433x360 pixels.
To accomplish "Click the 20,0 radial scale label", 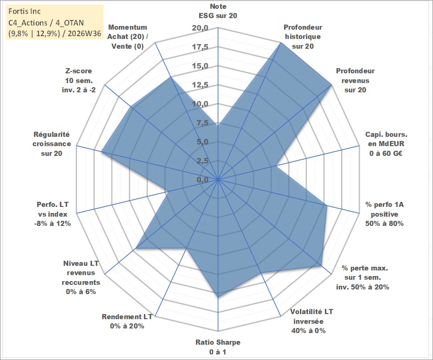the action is coord(200,28).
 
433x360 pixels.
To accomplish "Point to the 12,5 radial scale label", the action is coord(200,85).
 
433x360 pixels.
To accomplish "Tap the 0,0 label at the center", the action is coord(202,180).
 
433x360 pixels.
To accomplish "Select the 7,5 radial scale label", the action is coord(202,123).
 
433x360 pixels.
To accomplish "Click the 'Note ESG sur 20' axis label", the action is coord(218,11).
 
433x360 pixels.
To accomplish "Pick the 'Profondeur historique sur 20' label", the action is coord(303,37).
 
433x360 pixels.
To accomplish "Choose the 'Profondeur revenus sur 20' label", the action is coord(355,80).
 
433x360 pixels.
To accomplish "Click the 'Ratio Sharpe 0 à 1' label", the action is coord(218,347).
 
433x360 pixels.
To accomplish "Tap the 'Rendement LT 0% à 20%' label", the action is coord(127,321).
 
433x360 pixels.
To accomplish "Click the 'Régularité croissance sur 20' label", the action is coord(52,144).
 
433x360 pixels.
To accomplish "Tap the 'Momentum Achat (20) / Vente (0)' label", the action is coord(128,37).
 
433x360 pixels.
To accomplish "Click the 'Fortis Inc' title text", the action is coord(25,11).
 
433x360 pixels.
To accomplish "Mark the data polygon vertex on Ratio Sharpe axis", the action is coord(218,297).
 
